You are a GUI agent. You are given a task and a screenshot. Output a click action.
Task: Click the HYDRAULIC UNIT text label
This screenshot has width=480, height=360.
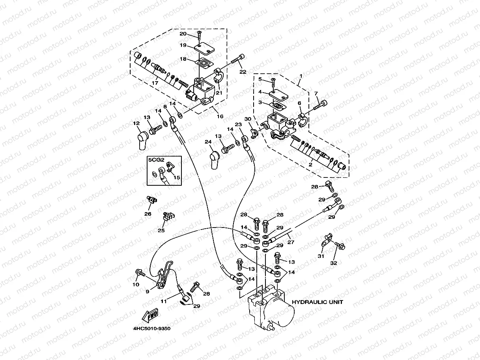click(317, 302)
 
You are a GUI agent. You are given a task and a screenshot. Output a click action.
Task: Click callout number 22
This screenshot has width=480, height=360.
click(242, 72)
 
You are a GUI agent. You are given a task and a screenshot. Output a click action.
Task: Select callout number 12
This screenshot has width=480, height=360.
click(136, 123)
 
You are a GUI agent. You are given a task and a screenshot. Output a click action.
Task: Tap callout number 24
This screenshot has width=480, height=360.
click(208, 142)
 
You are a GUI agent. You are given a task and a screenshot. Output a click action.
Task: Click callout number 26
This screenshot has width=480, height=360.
click(148, 214)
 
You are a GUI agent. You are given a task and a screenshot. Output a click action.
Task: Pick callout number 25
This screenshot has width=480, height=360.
click(161, 230)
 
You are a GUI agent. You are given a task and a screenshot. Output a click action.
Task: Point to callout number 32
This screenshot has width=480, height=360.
click(334, 263)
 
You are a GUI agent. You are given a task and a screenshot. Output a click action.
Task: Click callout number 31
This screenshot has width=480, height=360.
click(321, 256)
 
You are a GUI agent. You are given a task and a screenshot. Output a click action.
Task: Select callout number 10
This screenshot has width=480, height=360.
click(136, 284)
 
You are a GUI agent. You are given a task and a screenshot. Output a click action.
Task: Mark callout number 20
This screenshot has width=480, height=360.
click(183, 34)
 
